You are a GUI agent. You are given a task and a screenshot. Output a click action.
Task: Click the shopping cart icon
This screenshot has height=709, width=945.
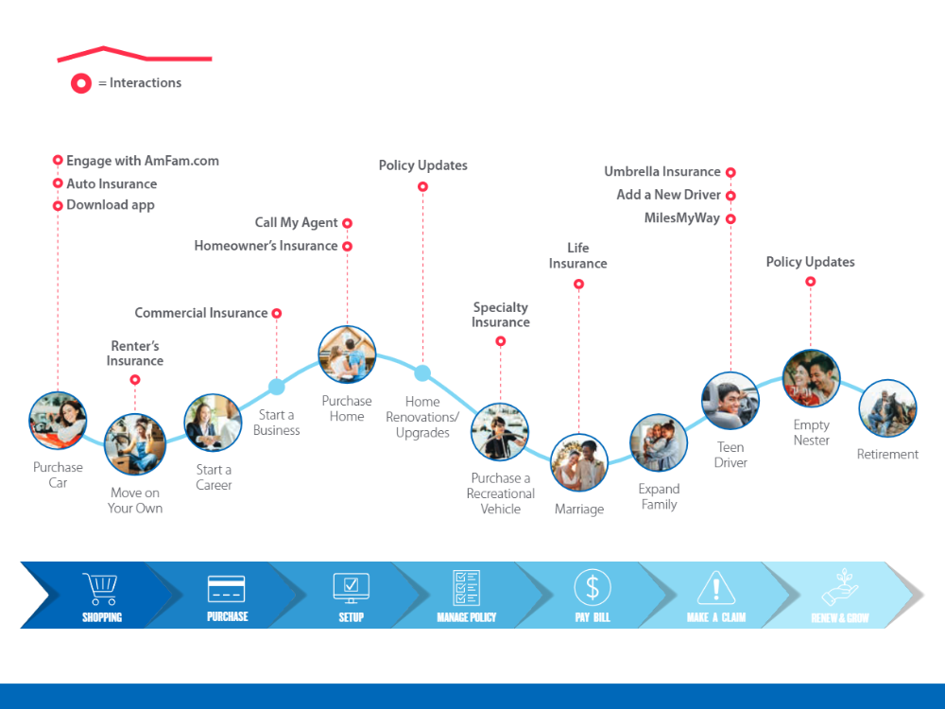(x=100, y=588)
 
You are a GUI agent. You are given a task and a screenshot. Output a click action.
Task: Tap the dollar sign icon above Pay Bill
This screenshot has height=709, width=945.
(x=593, y=587)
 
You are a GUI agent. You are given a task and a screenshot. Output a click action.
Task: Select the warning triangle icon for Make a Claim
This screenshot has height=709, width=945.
(x=716, y=588)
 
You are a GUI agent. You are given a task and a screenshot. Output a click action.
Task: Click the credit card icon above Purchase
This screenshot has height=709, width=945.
(x=226, y=589)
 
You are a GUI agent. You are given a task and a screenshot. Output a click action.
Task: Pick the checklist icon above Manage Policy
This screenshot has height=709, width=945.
(x=466, y=587)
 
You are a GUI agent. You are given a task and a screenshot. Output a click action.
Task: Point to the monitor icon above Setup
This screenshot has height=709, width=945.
(x=351, y=588)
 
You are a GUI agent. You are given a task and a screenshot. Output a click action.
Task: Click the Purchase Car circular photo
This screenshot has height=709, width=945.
(x=58, y=421)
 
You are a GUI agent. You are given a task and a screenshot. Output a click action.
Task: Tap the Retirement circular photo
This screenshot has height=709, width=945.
(x=887, y=408)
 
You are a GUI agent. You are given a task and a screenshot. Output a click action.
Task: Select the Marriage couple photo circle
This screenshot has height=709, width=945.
(x=578, y=462)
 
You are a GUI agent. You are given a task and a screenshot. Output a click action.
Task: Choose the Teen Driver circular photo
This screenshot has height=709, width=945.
(x=730, y=401)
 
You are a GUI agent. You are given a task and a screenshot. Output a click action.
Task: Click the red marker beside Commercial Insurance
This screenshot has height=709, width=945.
(x=277, y=314)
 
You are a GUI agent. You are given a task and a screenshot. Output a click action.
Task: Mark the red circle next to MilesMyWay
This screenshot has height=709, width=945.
(x=730, y=219)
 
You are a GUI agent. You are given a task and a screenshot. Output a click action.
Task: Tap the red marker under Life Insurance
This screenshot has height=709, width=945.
(x=578, y=284)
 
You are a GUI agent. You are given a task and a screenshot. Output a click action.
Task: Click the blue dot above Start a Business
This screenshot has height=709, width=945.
(x=277, y=387)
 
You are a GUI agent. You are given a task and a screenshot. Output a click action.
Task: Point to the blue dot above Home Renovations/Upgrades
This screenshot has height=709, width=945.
(x=422, y=373)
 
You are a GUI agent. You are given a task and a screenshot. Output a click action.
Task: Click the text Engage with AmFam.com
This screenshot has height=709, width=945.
(x=143, y=161)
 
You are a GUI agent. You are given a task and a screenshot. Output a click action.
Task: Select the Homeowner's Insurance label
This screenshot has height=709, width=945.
(x=266, y=246)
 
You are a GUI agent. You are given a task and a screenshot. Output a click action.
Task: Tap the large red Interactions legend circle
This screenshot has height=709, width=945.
(x=80, y=83)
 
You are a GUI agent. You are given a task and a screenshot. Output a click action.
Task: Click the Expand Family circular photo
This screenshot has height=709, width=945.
(x=659, y=443)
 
